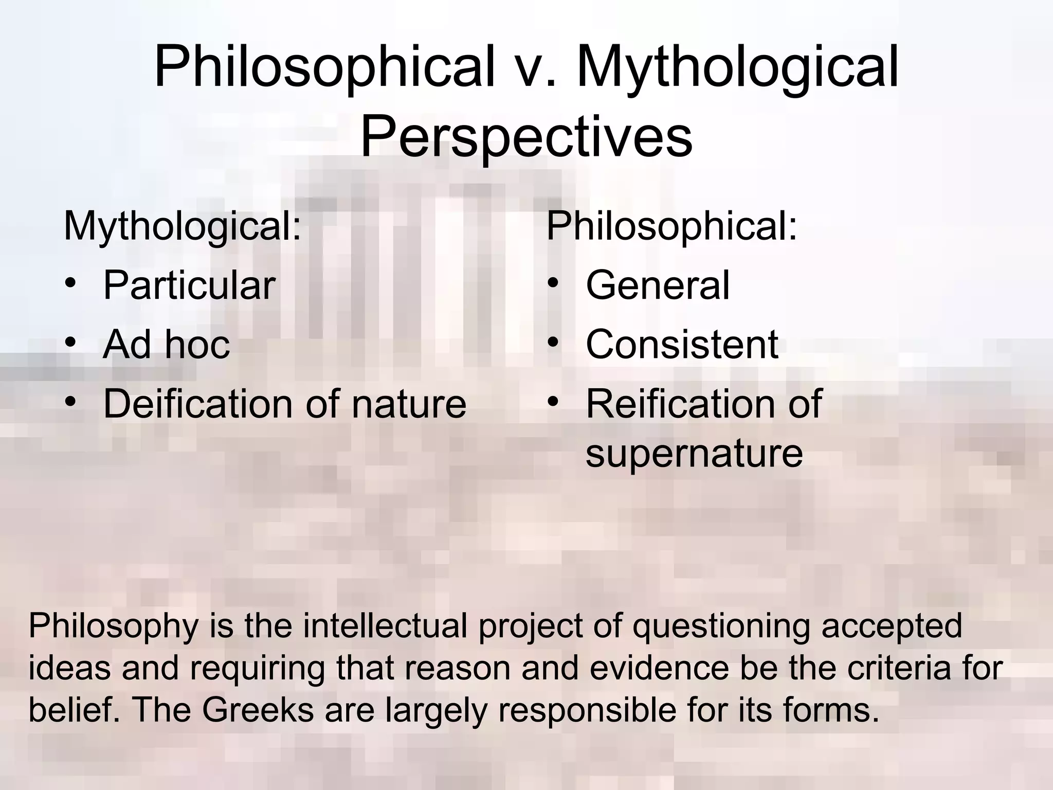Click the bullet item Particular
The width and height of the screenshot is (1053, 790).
pyautogui.click(x=189, y=285)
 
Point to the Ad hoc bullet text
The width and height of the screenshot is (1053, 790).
pyautogui.click(x=166, y=345)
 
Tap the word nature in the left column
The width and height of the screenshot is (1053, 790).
pyautogui.click(x=409, y=405)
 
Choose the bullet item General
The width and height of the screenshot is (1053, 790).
pyautogui.click(x=658, y=285)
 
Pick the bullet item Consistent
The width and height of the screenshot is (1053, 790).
pyautogui.click(x=682, y=345)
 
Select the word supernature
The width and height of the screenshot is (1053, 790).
pyautogui.click(x=694, y=453)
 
